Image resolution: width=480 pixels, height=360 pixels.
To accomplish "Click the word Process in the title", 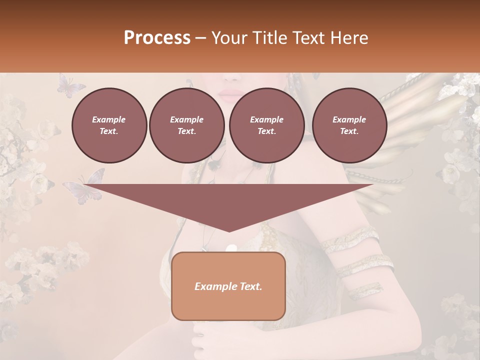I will tap(157, 38).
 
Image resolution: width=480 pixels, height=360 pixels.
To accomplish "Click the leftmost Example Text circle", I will tap(109, 125).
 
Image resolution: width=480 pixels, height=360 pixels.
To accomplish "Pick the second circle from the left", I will tap(186, 125).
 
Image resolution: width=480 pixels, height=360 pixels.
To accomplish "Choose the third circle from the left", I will tap(266, 125).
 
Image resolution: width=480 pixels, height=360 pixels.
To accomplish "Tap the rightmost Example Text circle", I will tap(349, 125).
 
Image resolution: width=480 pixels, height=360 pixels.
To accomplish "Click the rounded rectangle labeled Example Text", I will tap(228, 286).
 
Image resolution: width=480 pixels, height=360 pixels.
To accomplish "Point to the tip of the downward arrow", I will tap(228, 230).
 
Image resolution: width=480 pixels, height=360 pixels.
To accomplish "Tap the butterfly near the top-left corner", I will tap(70, 85).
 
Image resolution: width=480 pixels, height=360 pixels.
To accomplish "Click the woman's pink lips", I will tap(230, 95).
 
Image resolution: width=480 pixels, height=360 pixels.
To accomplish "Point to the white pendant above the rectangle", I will tap(231, 248).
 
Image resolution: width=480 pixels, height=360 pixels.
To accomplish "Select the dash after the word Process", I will tap(201, 38).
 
